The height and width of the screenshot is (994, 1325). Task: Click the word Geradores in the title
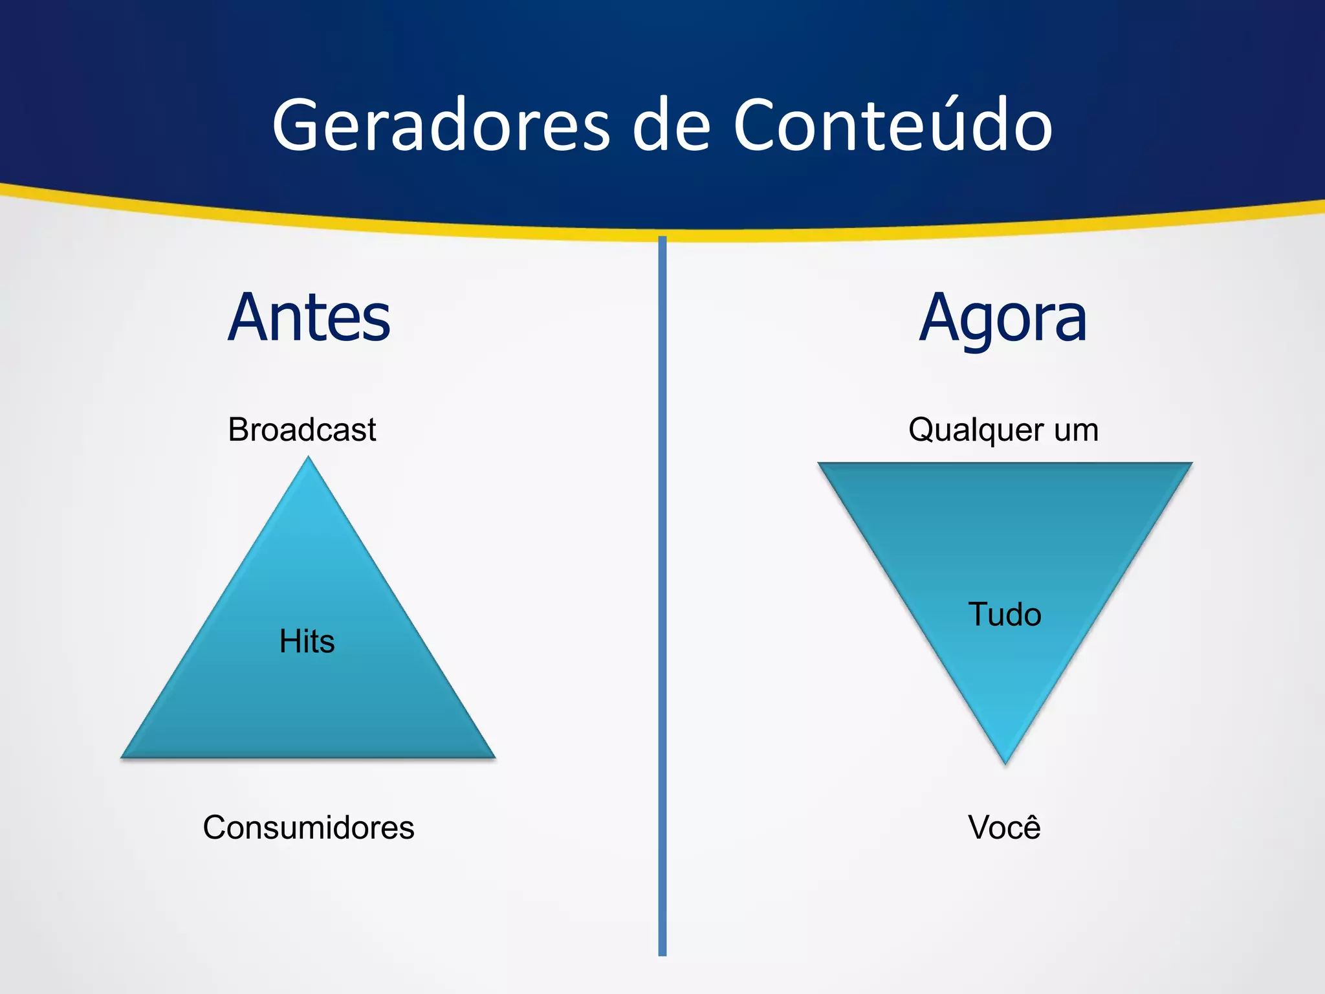tap(441, 126)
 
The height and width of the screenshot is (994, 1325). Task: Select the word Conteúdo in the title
tap(892, 126)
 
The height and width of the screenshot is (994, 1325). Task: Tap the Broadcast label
tap(301, 430)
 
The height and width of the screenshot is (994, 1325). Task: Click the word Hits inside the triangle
tap(307, 641)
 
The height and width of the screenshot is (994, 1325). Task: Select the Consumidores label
tap(309, 827)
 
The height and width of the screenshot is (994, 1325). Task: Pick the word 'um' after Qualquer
tap(1076, 430)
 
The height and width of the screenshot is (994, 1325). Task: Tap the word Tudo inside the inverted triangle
tap(1005, 614)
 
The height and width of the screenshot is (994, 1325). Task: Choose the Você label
tap(1004, 827)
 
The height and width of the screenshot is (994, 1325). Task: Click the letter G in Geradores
tap(295, 126)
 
